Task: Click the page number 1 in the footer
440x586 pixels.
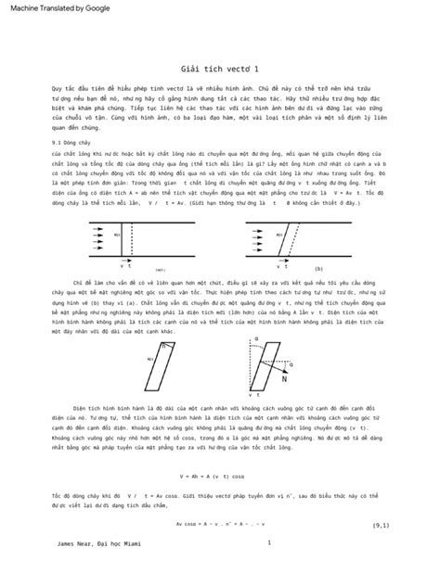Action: point(267,543)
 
